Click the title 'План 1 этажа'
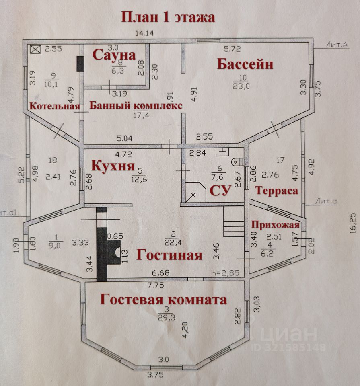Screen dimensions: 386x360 [169, 17]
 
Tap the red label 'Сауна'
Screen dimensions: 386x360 [114, 55]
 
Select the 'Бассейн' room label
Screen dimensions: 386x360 [245, 64]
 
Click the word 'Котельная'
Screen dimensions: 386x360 [54, 106]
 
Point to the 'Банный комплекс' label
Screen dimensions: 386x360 [136, 106]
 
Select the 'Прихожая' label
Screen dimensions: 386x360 [276, 224]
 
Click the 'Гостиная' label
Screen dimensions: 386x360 [169, 255]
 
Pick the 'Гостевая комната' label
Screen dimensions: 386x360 [163, 300]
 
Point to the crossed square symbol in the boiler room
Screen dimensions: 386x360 [36, 50]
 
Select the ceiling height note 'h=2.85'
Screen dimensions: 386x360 [225, 273]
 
